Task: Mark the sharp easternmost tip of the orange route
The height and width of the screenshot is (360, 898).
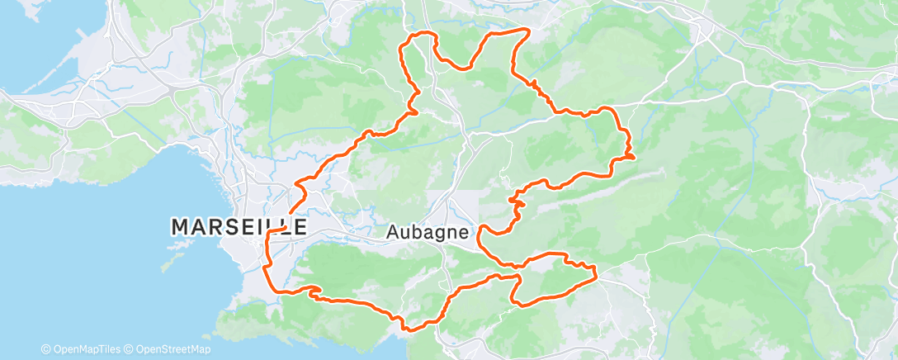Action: (x=634, y=155)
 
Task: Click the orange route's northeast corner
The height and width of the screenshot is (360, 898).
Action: (x=527, y=31)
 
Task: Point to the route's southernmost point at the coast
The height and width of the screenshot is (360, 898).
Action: (x=407, y=329)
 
